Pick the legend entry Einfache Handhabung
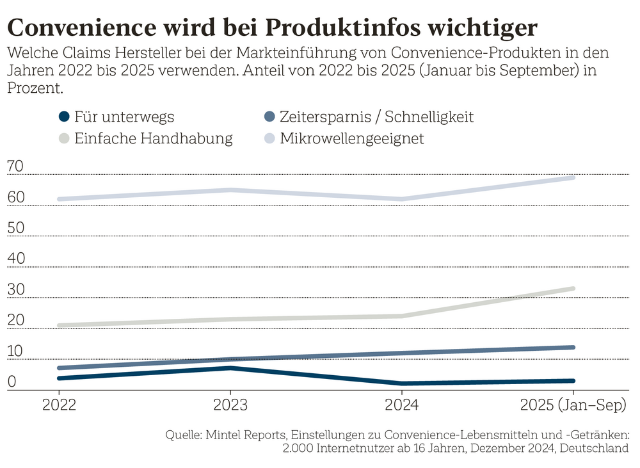(x=145, y=138)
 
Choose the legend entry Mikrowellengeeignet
(x=343, y=138)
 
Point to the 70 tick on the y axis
(x=16, y=166)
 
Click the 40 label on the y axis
(x=16, y=259)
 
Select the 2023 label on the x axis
(x=230, y=405)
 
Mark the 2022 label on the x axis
(x=60, y=405)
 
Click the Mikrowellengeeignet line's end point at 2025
(x=573, y=177)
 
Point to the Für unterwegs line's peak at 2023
(x=230, y=367)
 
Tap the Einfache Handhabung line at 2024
(x=402, y=316)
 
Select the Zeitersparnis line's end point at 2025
(x=573, y=347)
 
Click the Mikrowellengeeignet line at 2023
(x=230, y=190)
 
